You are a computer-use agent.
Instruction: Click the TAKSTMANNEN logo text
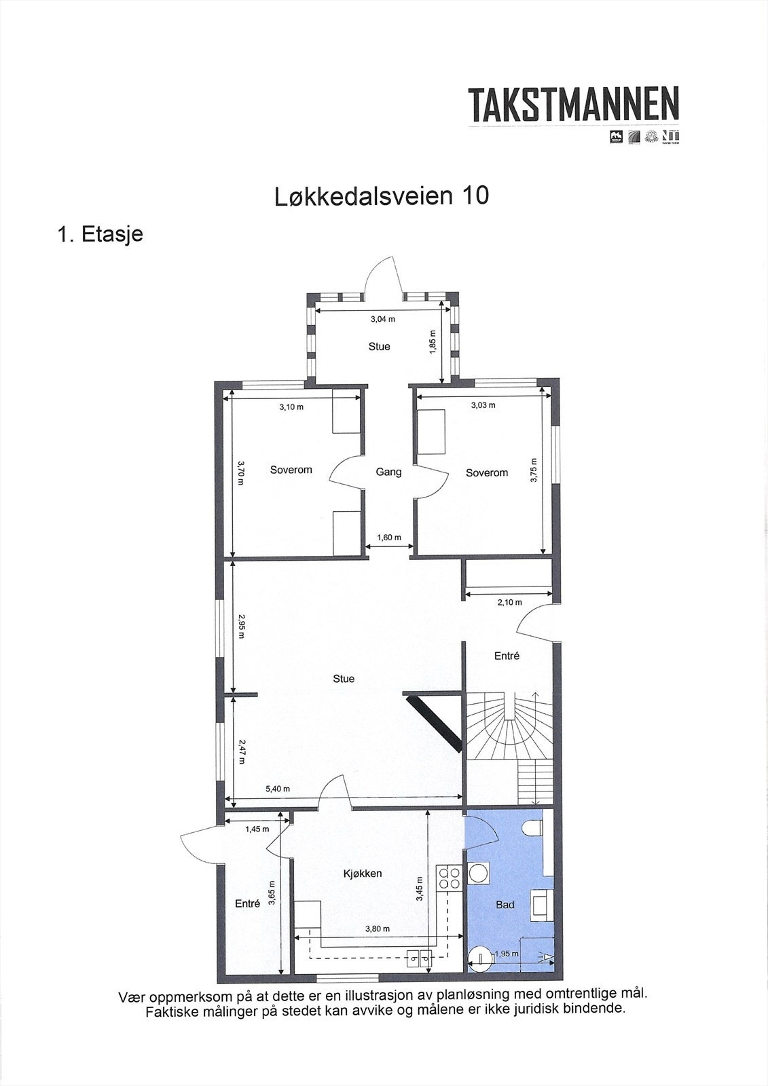[574, 105]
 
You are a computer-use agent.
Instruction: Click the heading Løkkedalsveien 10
[381, 196]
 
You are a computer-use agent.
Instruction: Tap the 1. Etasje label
[100, 234]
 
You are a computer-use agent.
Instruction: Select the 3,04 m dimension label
[382, 319]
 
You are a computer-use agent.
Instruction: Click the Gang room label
[388, 472]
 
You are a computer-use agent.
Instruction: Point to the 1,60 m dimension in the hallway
[388, 538]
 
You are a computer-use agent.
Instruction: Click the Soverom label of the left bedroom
[291, 470]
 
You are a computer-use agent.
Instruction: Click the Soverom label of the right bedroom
[486, 472]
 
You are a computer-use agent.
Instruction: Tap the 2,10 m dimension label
[509, 602]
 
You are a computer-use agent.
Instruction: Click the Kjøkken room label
[363, 874]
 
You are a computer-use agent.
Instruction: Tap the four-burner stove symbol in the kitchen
[449, 878]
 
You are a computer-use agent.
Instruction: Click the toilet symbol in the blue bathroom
[534, 827]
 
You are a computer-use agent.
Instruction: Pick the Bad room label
[505, 904]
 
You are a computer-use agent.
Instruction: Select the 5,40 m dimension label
[277, 789]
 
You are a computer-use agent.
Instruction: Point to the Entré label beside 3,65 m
[247, 903]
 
